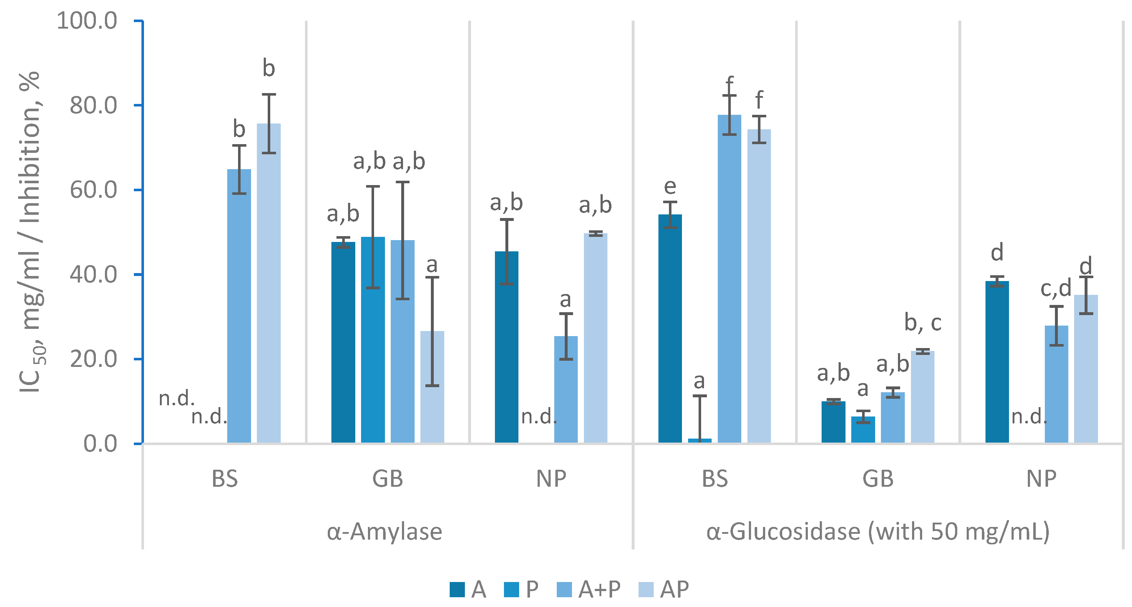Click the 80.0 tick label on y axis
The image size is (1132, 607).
[93, 105]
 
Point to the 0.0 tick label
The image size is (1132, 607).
[100, 444]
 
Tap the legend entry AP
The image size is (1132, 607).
[663, 589]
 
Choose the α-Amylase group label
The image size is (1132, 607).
[385, 531]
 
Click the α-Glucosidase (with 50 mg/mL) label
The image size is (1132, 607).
[878, 531]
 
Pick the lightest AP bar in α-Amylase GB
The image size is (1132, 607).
[432, 387]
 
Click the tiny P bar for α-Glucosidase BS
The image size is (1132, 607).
[700, 441]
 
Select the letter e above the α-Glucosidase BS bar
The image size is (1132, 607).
[670, 187]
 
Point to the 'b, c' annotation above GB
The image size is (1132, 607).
[923, 323]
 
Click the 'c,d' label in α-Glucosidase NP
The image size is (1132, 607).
[1056, 289]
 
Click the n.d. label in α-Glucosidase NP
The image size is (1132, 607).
[1029, 416]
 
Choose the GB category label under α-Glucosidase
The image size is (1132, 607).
[878, 478]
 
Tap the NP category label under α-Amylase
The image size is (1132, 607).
[551, 478]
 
